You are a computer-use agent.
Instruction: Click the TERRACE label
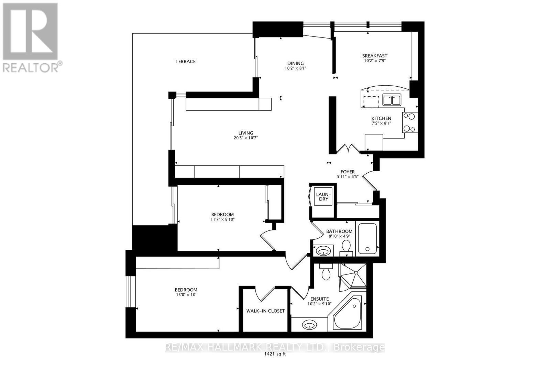pyautogui.click(x=185, y=62)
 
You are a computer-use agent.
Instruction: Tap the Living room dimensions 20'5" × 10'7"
pyautogui.click(x=245, y=138)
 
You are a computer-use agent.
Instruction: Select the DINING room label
pyautogui.click(x=296, y=63)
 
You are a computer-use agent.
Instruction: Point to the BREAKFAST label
pyautogui.click(x=375, y=56)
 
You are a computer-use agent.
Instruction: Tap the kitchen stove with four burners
pyautogui.click(x=410, y=122)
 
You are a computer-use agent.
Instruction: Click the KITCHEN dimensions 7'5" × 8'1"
pyautogui.click(x=381, y=123)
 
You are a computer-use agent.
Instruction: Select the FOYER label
pyautogui.click(x=348, y=172)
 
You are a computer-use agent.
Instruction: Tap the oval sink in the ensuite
pyautogui.click(x=309, y=324)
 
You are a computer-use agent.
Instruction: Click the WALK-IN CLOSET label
pyautogui.click(x=265, y=311)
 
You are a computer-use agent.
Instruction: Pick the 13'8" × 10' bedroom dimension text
pyautogui.click(x=186, y=295)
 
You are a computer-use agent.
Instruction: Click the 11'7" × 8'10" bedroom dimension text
pyautogui.click(x=222, y=219)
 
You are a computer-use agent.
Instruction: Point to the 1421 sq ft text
pyautogui.click(x=275, y=354)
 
